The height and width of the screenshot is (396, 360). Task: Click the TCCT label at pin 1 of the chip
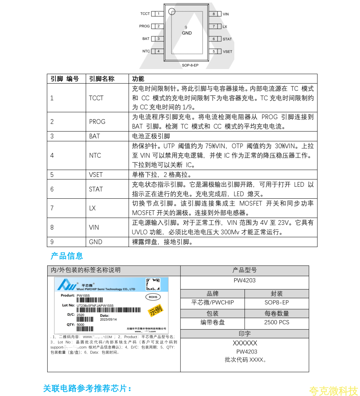(145, 14)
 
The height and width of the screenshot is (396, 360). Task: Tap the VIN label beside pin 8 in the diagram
(226, 14)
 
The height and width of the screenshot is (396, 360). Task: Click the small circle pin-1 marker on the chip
(173, 11)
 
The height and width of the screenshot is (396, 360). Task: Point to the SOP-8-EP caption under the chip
(190, 65)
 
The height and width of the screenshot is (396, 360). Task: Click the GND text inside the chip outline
(187, 33)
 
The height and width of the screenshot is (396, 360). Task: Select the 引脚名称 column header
(102, 79)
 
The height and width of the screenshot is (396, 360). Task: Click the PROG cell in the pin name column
(97, 122)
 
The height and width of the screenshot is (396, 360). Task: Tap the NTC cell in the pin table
(95, 155)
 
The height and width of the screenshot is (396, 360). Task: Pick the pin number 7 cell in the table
(52, 208)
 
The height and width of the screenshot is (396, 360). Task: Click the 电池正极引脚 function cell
(151, 136)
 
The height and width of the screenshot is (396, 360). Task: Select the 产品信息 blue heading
(66, 256)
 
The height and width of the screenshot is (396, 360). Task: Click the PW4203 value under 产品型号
(244, 281)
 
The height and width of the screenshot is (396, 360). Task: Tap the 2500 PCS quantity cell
(276, 322)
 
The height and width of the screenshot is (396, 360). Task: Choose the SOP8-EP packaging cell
(276, 303)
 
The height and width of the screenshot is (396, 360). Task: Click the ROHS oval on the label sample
(153, 297)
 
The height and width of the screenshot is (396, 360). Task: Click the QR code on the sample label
(153, 284)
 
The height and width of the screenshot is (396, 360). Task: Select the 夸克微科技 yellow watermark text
(333, 391)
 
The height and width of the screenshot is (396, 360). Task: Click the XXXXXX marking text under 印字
(244, 343)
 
